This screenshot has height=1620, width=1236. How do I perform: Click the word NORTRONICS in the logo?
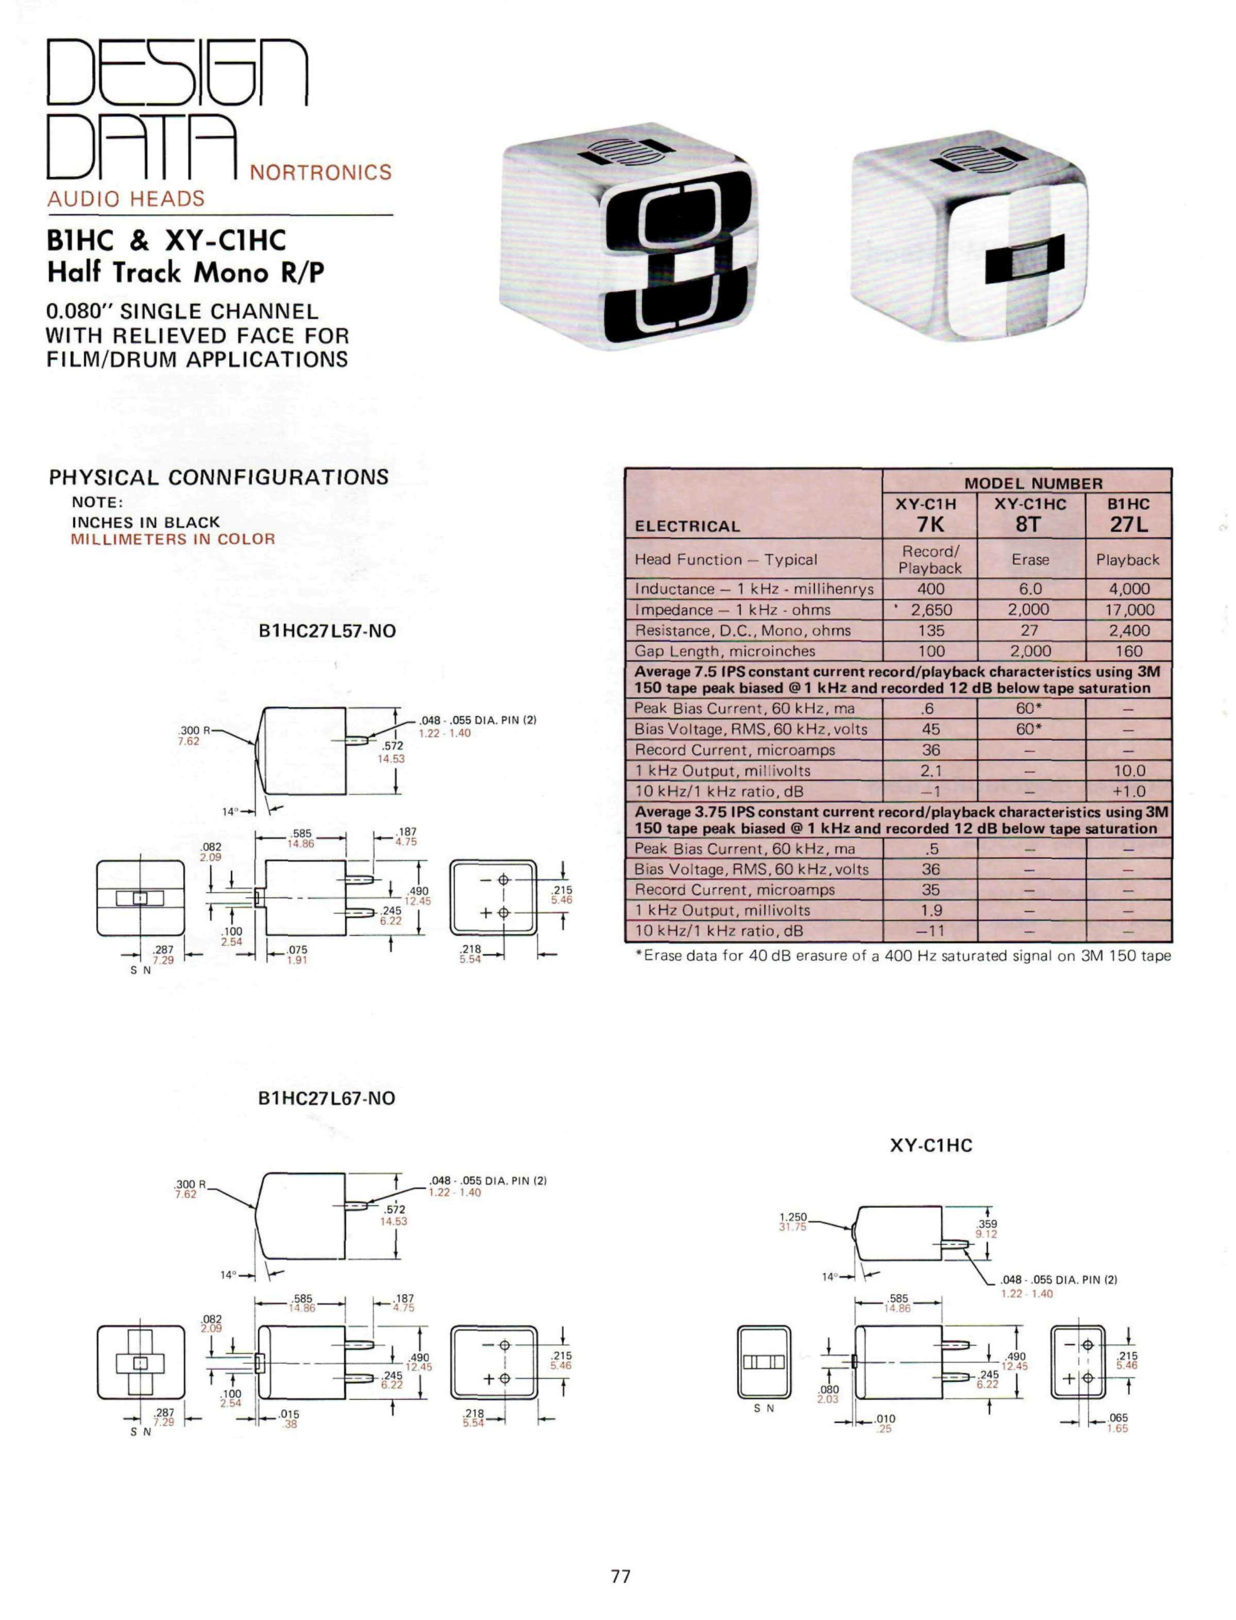click(x=321, y=172)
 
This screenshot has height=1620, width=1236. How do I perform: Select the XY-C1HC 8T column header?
click(x=1030, y=514)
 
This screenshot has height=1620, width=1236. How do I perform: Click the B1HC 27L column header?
click(x=1129, y=514)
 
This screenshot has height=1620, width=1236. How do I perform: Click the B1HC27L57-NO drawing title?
click(x=327, y=631)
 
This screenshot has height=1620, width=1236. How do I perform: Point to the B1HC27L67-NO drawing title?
click(x=327, y=1098)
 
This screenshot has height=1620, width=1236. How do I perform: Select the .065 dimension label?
click(x=1118, y=1417)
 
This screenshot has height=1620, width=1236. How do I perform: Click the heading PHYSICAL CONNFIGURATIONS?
click(x=218, y=477)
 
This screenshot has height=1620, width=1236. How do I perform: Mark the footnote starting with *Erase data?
click(x=903, y=956)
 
